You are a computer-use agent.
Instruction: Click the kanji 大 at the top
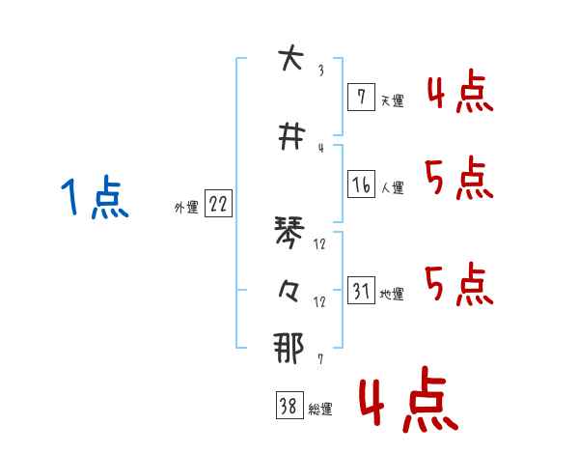pyautogui.click(x=287, y=60)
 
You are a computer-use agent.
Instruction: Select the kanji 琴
pyautogui.click(x=288, y=233)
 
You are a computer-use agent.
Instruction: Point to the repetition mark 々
pyautogui.click(x=288, y=290)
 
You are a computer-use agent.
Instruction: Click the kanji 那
pyautogui.click(x=288, y=348)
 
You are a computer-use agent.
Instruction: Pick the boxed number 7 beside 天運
pyautogui.click(x=360, y=99)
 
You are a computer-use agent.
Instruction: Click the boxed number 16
pyautogui.click(x=360, y=186)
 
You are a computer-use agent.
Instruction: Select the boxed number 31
pyautogui.click(x=361, y=291)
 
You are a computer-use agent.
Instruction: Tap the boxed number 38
pyautogui.click(x=287, y=408)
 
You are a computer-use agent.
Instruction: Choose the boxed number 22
pyautogui.click(x=218, y=204)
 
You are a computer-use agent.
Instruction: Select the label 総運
pyautogui.click(x=320, y=410)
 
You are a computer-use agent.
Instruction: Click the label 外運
pyautogui.click(x=186, y=206)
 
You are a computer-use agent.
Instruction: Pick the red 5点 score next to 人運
pyautogui.click(x=458, y=178)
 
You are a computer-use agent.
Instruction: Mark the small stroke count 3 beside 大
pyautogui.click(x=320, y=71)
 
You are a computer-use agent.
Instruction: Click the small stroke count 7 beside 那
pyautogui.click(x=320, y=359)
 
